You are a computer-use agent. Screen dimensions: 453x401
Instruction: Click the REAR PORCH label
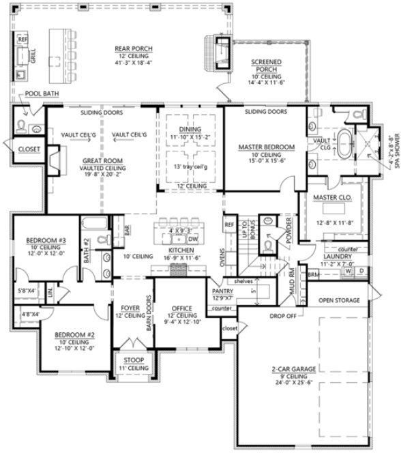click(134, 48)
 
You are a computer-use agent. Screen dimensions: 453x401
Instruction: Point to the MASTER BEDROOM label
click(266, 147)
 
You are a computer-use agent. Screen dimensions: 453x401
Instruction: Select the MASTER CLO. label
click(332, 199)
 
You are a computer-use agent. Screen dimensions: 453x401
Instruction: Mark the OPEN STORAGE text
click(339, 298)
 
